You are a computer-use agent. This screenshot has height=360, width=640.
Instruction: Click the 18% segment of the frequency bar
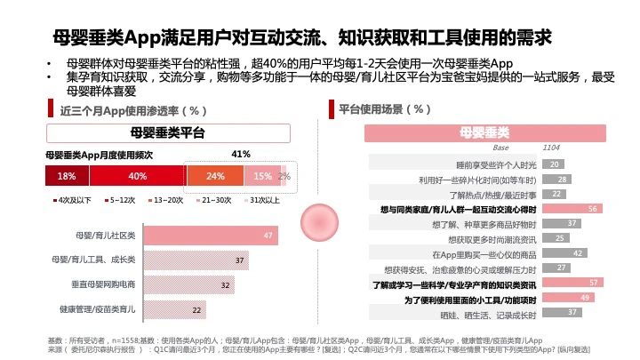(67, 176)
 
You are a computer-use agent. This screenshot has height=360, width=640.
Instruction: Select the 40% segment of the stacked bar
(137, 176)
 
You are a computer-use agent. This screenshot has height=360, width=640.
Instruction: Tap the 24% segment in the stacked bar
(216, 176)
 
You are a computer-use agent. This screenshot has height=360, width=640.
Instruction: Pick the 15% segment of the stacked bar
(262, 176)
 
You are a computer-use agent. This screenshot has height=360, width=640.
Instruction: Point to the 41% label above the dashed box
(240, 155)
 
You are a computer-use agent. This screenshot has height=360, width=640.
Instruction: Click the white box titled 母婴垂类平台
(168, 134)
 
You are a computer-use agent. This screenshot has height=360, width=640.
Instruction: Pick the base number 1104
(551, 148)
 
